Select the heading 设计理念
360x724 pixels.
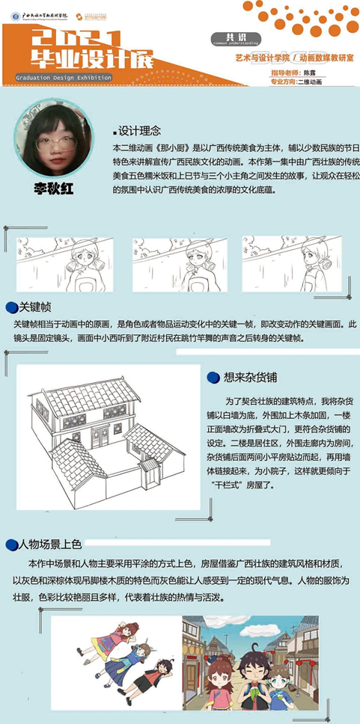pos(138,129)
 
